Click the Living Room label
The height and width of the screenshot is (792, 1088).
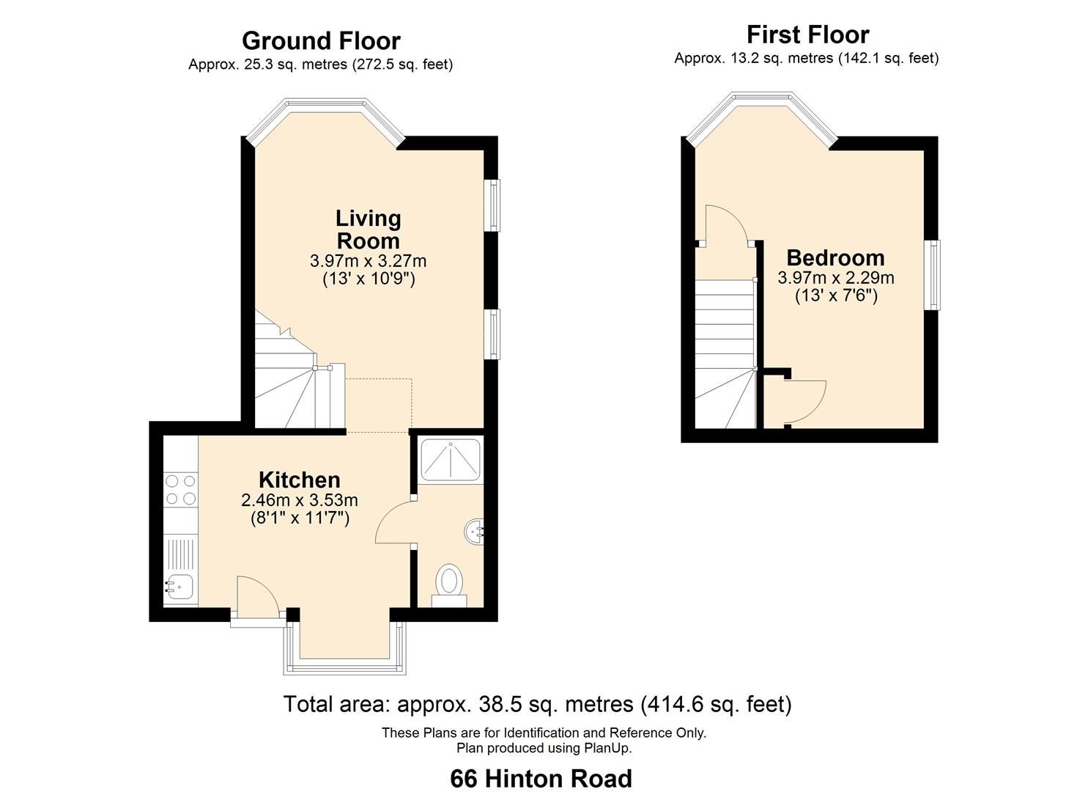[x=368, y=230]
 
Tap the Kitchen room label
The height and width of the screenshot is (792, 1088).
[x=300, y=480]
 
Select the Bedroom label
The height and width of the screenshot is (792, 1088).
[x=835, y=258]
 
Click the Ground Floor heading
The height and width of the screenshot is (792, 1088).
[x=321, y=41]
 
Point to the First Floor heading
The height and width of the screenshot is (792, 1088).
[x=807, y=34]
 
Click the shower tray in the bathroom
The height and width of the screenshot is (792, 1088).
[x=450, y=461]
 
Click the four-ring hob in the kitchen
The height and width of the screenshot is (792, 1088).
[x=180, y=490]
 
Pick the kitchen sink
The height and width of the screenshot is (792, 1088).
[x=178, y=587]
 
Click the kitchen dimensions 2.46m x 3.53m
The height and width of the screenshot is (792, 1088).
[x=300, y=501]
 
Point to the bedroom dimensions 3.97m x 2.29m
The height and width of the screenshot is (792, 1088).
[x=835, y=278]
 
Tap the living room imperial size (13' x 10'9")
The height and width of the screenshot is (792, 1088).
[x=369, y=279]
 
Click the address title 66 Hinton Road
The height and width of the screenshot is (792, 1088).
[x=541, y=778]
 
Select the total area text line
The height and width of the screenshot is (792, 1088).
[x=537, y=705]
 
